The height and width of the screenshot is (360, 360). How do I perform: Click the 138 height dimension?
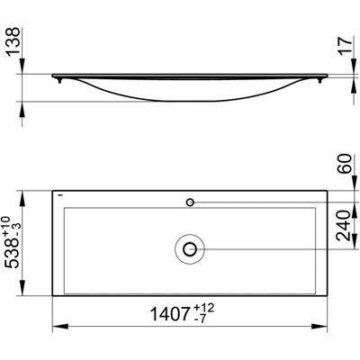tap(13, 40)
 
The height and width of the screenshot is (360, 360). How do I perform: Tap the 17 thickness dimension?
tap(345, 45)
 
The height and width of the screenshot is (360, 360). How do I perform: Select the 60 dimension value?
tap(344, 163)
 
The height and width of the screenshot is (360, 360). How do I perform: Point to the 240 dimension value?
tap(344, 226)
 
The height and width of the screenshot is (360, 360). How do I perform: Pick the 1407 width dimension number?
tap(171, 315)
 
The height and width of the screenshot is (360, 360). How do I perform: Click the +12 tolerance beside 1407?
tap(204, 308)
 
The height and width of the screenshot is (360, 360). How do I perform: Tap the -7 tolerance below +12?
tap(200, 319)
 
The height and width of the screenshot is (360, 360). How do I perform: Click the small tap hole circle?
tap(190, 202)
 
